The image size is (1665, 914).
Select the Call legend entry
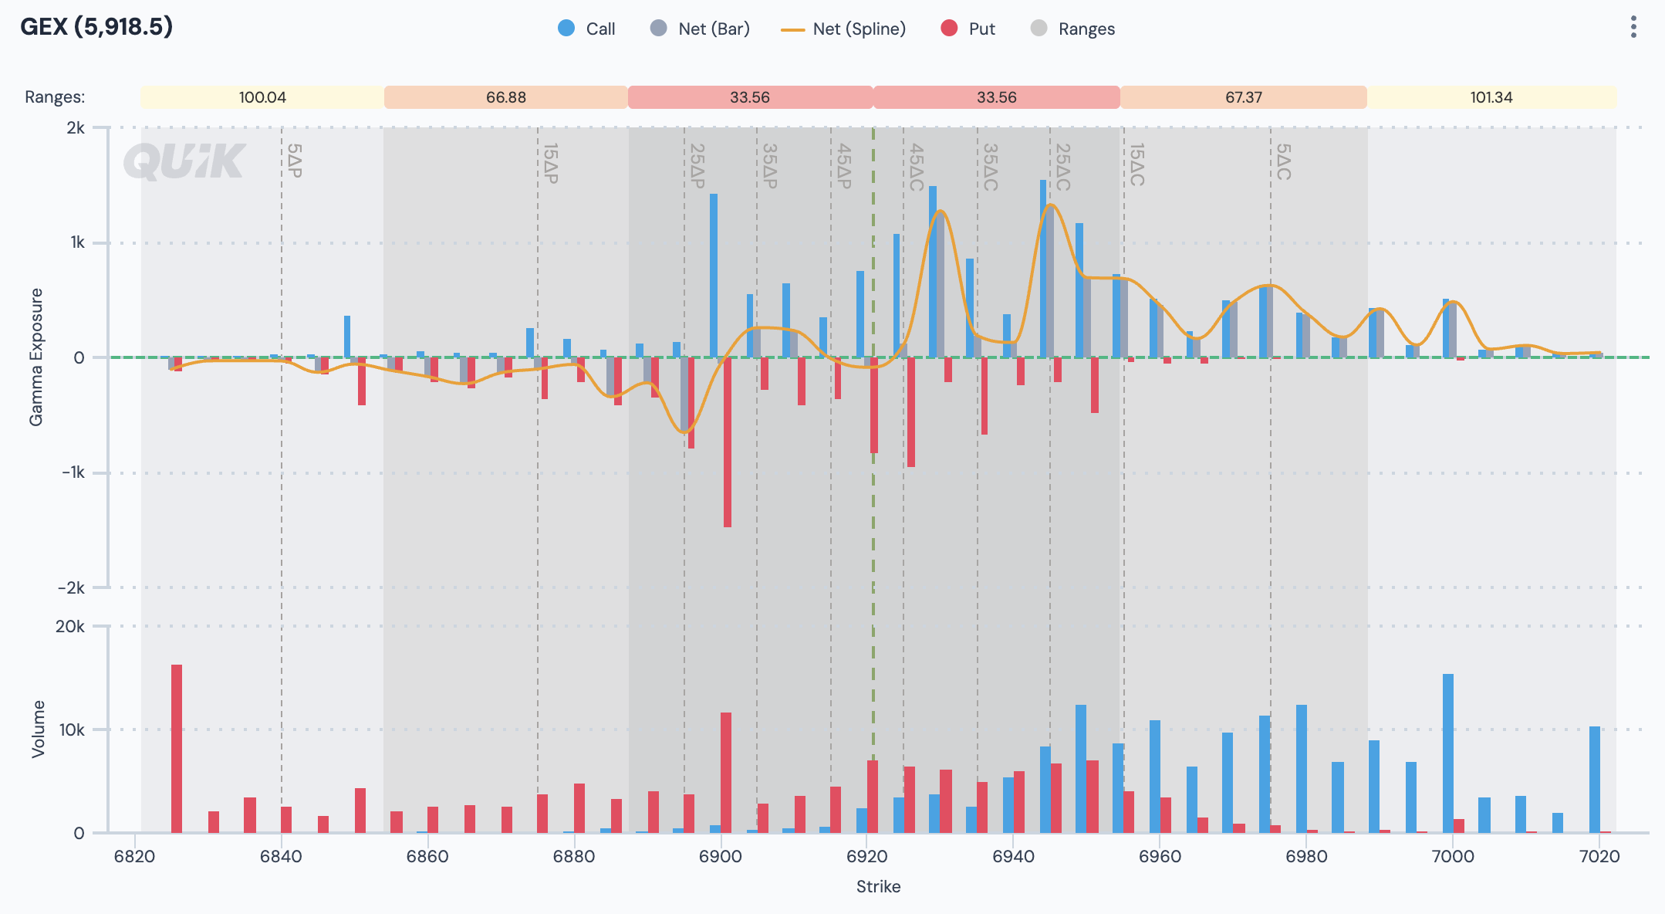point(586,29)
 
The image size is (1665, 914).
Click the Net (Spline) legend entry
point(844,29)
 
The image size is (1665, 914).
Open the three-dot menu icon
point(1633,27)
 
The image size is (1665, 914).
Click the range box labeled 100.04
point(262,97)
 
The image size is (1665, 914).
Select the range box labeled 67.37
point(1243,97)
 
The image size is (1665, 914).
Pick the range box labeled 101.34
point(1491,97)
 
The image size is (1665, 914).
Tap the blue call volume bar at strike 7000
point(1448,753)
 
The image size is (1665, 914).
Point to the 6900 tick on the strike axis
point(720,856)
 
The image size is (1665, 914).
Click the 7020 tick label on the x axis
point(1599,856)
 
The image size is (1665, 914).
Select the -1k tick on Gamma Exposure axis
point(73,472)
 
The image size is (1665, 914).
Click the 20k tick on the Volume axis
point(70,626)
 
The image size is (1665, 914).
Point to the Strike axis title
point(878,886)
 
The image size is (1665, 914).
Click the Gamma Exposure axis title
point(36,357)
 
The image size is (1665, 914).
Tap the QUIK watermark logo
point(184,161)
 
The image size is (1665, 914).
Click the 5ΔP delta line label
point(295,161)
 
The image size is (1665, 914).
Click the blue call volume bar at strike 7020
point(1595,779)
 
